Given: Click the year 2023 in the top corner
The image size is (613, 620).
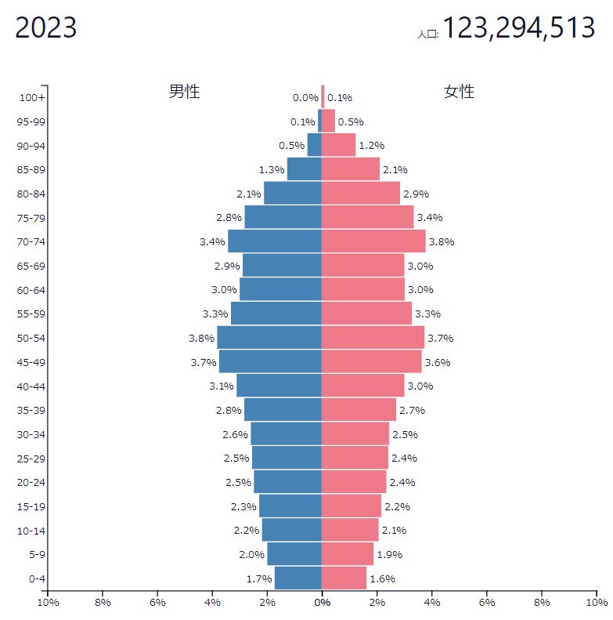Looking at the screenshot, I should (x=46, y=28).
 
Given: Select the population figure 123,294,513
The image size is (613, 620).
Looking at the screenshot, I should (x=518, y=28).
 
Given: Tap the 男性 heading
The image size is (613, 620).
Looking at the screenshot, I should (x=185, y=91).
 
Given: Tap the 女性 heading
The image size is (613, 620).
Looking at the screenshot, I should (x=460, y=91).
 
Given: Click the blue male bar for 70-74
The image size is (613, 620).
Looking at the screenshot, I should (x=275, y=241).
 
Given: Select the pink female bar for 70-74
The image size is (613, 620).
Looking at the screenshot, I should (x=373, y=241).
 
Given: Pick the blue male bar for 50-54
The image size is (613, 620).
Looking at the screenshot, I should (x=269, y=338).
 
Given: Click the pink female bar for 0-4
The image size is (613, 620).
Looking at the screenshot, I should (x=344, y=578).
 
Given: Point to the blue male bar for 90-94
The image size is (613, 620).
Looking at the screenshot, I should (x=315, y=145).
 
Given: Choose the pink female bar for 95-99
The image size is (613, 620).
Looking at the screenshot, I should (x=328, y=121).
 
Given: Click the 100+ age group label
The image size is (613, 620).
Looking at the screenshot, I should (x=33, y=98).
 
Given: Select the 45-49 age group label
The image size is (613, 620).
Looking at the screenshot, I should (x=31, y=362).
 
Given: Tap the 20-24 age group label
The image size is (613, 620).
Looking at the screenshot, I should (x=31, y=482).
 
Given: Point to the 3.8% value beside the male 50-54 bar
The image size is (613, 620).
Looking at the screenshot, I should (x=202, y=338).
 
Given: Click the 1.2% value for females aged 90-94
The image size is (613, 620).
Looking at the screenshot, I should (x=370, y=146).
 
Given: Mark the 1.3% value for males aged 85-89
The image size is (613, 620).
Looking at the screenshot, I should (x=271, y=169).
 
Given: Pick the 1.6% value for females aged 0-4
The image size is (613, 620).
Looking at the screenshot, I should (x=382, y=578).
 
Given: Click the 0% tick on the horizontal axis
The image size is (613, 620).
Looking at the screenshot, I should (x=322, y=602).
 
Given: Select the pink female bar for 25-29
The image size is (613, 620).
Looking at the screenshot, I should (x=355, y=458).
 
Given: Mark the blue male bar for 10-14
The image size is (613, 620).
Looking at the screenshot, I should (x=291, y=530).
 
